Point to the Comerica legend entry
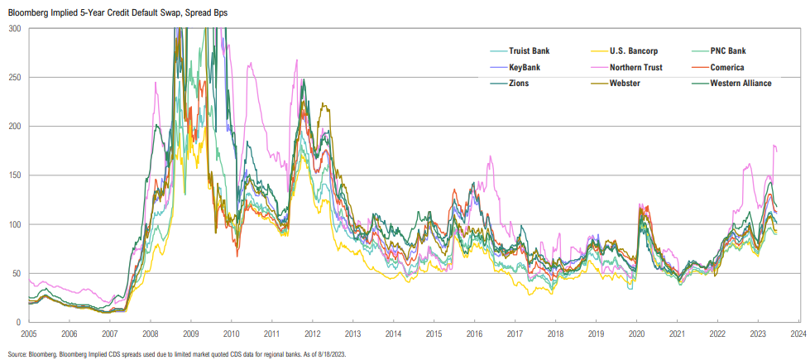pyautogui.click(x=731, y=67)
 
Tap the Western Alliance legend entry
pyautogui.click(x=741, y=83)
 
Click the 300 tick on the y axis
pyautogui.click(x=14, y=28)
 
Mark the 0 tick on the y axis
pyautogui.click(x=19, y=322)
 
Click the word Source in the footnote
pyautogui.click(x=18, y=353)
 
